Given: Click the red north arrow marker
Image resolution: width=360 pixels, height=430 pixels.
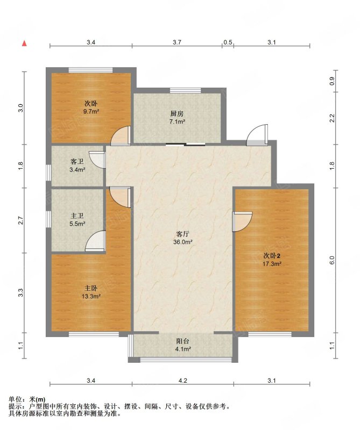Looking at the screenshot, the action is coord(24,44).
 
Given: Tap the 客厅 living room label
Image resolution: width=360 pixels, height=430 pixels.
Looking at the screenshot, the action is coord(182,234).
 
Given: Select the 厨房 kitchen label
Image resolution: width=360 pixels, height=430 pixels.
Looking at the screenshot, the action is coord(177,114).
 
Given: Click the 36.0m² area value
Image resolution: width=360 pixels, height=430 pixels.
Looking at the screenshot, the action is coord(182,242).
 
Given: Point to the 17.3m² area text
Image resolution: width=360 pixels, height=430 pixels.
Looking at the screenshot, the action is coord(272,264).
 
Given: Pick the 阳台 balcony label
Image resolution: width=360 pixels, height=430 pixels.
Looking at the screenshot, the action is coord(182,341).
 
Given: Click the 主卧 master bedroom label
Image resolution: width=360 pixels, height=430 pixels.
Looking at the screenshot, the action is coord(90,289).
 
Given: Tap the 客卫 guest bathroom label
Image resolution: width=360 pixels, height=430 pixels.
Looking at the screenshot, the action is coord(77,162).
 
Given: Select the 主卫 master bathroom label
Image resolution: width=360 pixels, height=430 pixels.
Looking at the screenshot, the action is coord(77,216).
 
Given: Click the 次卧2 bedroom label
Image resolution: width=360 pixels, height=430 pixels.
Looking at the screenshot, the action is coord(272,256).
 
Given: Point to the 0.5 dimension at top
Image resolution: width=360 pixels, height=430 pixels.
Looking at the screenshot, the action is coord(228,42).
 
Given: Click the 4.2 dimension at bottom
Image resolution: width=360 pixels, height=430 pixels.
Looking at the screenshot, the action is coord(182,381).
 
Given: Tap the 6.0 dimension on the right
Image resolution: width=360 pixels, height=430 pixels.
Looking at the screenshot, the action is coord(332,260).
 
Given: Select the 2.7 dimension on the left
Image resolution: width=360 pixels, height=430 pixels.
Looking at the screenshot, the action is coord(21,220).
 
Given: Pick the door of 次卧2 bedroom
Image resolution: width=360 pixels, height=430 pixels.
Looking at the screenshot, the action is coord(242,221).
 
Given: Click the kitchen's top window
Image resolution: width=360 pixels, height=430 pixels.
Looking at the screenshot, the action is coord(185,90).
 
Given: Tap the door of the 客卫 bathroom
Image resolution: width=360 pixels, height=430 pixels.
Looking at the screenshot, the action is coord(97,160).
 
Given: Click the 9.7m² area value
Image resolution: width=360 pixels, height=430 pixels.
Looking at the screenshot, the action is coord(91,112).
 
